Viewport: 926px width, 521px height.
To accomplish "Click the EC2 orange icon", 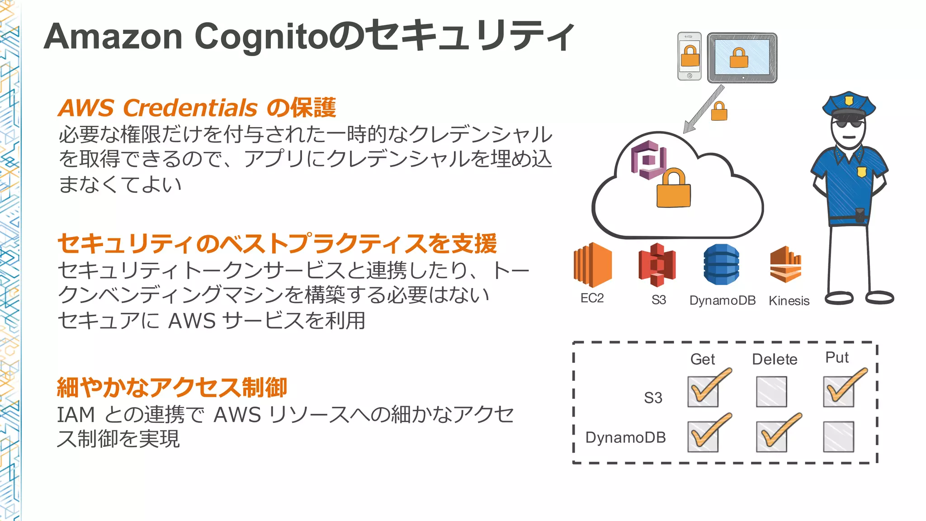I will pyautogui.click(x=592, y=265).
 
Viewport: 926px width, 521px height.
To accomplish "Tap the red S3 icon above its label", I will pyautogui.click(x=657, y=265).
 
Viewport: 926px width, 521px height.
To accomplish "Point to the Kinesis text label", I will pyautogui.click(x=789, y=301).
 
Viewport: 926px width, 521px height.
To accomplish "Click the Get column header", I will pyautogui.click(x=702, y=360).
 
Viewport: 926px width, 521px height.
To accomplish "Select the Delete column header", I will pyautogui.click(x=774, y=360).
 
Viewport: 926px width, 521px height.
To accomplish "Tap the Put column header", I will pyautogui.click(x=837, y=358).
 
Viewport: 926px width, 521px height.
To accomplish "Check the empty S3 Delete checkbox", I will pyautogui.click(x=771, y=392).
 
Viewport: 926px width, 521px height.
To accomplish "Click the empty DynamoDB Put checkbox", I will pyautogui.click(x=838, y=437).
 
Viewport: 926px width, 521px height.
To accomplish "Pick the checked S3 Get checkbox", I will pyautogui.click(x=703, y=392).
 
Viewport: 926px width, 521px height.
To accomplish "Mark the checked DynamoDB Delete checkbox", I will pyautogui.click(x=771, y=437).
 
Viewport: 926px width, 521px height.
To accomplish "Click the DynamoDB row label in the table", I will pyautogui.click(x=625, y=438).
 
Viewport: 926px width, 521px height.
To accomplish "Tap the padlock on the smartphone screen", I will pyautogui.click(x=690, y=56).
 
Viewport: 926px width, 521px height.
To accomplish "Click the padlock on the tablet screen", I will pyautogui.click(x=739, y=58).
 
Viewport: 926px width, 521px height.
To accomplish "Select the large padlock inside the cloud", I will pyautogui.click(x=673, y=189).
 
